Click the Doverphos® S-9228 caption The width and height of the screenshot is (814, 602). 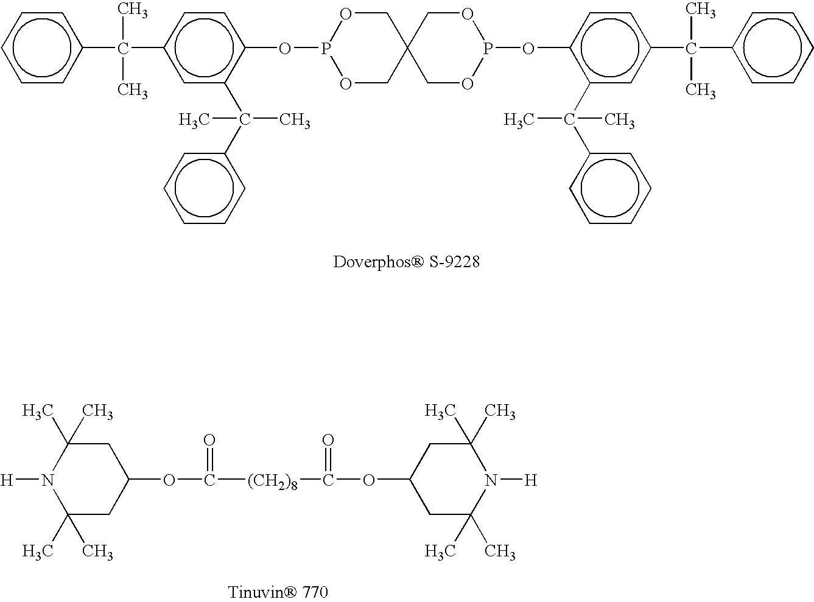pos(406,262)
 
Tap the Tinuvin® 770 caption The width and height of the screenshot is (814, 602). pos(278,592)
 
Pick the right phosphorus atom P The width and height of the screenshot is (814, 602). pos(488,48)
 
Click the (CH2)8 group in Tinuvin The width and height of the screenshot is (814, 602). pos(272,480)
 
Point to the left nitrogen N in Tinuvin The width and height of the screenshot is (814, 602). pos(47,480)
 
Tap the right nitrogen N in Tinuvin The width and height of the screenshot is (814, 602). pos(491,480)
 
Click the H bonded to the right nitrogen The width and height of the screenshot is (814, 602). pos(531,480)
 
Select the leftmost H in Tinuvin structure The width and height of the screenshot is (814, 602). pos(7,480)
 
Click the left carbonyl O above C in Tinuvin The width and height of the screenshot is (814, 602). pos(209,439)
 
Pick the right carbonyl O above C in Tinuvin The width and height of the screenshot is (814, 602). pos(328,439)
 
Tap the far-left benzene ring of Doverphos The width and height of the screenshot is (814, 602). pos(42,48)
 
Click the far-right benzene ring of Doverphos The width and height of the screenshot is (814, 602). pos(772,48)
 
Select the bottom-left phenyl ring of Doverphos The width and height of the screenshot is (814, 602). pos(204,188)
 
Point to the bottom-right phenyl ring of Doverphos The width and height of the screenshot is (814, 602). pos(610,188)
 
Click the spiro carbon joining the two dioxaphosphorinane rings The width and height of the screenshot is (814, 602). pos(407,48)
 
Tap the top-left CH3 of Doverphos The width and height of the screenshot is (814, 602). pos(133,10)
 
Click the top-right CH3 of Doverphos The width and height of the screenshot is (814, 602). pos(701,10)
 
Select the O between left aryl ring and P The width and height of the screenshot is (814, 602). pos(285,48)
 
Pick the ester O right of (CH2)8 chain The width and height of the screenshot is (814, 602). pos(369,480)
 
